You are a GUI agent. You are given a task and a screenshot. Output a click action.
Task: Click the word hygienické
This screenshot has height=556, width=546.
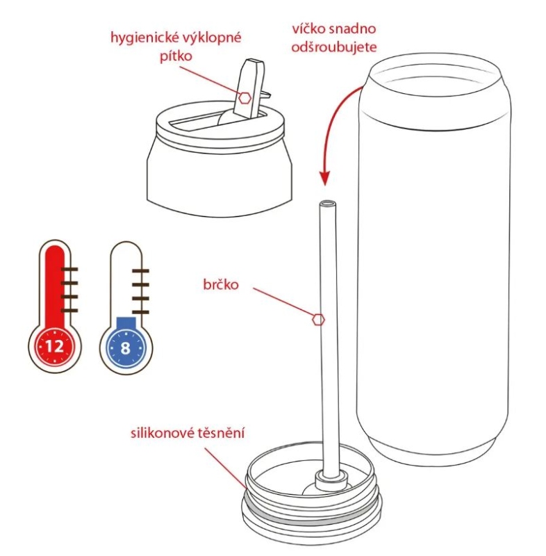pyautogui.click(x=143, y=38)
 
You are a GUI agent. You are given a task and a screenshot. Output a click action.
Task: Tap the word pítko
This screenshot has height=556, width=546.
pyautogui.click(x=176, y=56)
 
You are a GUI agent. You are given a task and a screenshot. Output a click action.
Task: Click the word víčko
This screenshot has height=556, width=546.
pyautogui.click(x=308, y=28)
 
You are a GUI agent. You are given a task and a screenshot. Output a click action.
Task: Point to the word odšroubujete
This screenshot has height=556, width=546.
pyautogui.click(x=333, y=47)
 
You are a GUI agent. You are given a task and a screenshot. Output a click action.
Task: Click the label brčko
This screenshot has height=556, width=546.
pyautogui.click(x=221, y=285)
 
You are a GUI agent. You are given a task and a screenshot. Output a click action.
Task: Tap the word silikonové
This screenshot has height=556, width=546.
pyautogui.click(x=163, y=433)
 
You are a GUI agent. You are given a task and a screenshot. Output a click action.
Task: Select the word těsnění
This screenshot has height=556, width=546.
pyautogui.click(x=221, y=433)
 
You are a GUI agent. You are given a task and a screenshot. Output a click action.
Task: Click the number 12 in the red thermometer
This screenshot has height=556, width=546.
pyautogui.click(x=55, y=346)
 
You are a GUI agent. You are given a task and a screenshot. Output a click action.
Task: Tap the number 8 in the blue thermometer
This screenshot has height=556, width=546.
pyautogui.click(x=126, y=348)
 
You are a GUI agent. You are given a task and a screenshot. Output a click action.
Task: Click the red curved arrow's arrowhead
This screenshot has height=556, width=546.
pyautogui.click(x=324, y=178)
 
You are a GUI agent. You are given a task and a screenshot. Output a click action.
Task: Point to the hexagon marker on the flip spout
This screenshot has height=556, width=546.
pyautogui.click(x=245, y=98)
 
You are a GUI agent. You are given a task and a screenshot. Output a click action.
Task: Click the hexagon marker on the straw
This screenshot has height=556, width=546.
pyautogui.click(x=319, y=320)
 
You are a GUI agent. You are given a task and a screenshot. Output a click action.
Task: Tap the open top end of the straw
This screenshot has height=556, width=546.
pyautogui.click(x=326, y=204)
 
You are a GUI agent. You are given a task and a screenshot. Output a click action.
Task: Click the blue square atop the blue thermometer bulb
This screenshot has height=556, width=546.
pyautogui.click(x=126, y=322)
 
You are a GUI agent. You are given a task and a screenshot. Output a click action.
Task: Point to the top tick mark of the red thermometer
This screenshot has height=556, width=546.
pyautogui.click(x=69, y=270)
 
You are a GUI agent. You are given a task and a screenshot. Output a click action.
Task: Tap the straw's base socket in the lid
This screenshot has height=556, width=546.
pyautogui.click(x=331, y=479)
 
